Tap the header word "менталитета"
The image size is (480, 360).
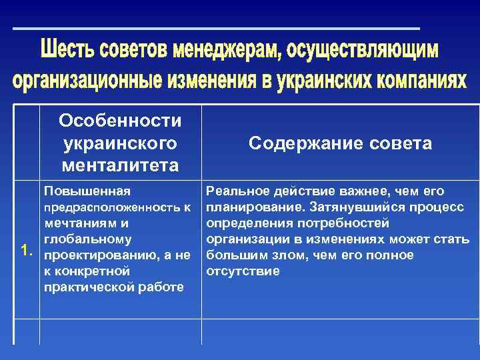[x=120, y=164]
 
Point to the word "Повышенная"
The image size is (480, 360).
[x=82, y=192]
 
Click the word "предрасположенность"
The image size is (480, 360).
[x=107, y=208]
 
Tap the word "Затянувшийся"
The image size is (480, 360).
[x=347, y=207]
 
